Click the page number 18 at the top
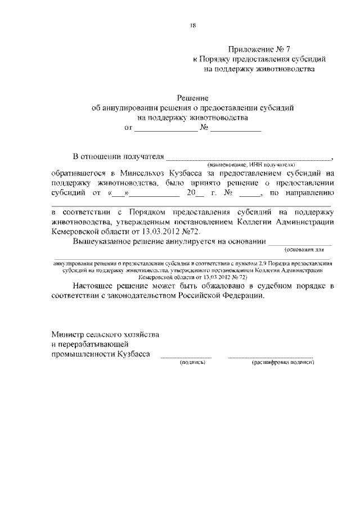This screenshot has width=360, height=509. [192, 24]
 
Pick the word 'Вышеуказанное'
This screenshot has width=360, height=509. [102, 242]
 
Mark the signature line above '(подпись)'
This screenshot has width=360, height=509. [186, 357]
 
